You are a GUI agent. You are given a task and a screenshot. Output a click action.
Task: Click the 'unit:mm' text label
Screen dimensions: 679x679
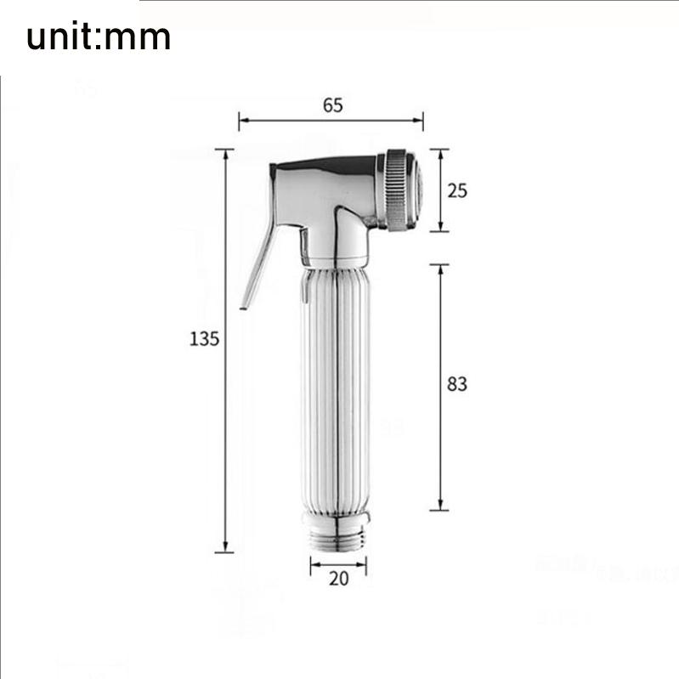click(x=99, y=37)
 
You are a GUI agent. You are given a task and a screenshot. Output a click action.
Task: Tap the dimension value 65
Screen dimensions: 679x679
click(x=332, y=105)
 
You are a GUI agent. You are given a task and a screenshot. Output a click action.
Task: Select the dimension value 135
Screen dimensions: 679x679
click(x=204, y=338)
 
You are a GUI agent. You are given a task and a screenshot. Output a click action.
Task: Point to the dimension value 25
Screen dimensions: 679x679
click(x=457, y=190)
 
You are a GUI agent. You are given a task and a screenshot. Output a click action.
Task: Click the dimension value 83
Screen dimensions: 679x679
click(x=457, y=384)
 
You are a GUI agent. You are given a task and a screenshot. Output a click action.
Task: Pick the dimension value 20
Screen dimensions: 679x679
click(x=338, y=578)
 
